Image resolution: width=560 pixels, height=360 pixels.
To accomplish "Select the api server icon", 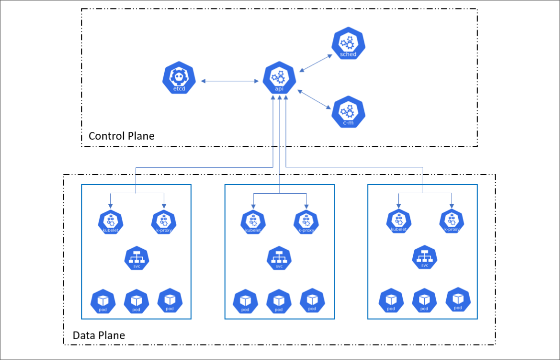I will (x=279, y=79).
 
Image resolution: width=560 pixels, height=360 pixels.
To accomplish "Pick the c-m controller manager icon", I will (x=347, y=113).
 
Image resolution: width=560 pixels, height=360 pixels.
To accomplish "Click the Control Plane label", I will (x=121, y=136).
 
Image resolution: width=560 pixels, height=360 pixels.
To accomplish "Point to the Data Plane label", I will (x=99, y=335).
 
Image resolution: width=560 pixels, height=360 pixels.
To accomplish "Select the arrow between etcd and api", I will (x=229, y=81).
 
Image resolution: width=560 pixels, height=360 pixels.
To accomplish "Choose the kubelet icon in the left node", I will (x=110, y=222).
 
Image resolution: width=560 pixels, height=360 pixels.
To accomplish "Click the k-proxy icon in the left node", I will (x=163, y=222).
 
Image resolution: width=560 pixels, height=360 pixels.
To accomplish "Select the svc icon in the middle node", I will (x=279, y=259).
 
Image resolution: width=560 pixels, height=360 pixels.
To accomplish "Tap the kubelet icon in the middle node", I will (x=253, y=222).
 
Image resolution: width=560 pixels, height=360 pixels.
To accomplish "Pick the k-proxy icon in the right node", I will (x=451, y=222).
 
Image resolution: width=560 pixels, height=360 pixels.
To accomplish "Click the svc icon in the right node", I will (x=425, y=258).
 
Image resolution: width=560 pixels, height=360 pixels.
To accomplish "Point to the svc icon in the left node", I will (x=136, y=259).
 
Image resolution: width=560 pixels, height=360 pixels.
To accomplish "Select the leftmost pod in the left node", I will (x=103, y=301).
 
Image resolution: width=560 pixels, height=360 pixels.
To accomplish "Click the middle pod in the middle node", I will (x=279, y=301).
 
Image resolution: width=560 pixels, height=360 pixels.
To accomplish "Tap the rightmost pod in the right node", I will (x=458, y=300).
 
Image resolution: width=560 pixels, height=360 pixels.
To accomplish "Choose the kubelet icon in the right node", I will (x=398, y=222).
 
